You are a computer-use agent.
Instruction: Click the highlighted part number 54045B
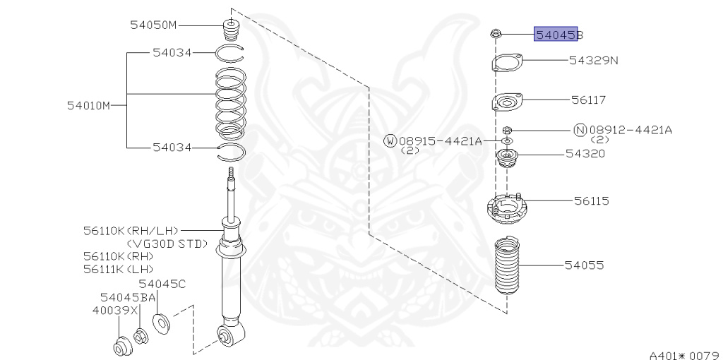(557, 34)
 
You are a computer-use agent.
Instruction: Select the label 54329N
(593, 61)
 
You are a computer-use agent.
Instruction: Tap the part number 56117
(588, 100)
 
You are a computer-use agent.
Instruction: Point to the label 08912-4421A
(630, 130)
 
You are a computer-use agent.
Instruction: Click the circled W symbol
(390, 141)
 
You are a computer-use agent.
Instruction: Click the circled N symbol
(580, 130)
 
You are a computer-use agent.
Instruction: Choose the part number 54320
(585, 153)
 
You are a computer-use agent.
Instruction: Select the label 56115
(591, 201)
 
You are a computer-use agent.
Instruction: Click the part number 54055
(584, 265)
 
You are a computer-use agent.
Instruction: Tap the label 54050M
(153, 25)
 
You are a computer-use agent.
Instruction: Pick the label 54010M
(89, 106)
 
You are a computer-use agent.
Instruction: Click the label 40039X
(114, 310)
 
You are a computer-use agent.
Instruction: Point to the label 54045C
(162, 284)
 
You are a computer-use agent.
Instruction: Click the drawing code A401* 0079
(683, 354)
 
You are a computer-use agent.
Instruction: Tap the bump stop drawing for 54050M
(231, 31)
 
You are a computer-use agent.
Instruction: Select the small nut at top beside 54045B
(495, 33)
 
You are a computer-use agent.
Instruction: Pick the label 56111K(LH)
(118, 269)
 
